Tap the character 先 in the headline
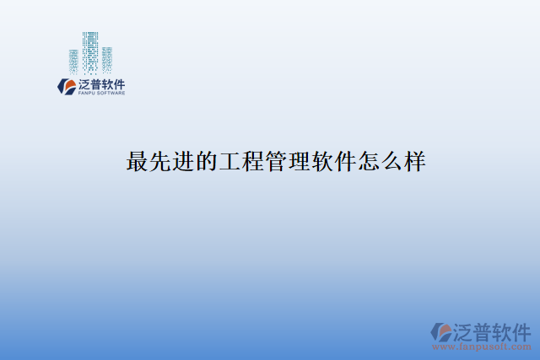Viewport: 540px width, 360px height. (161, 162)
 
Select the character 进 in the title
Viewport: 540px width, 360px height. (184, 162)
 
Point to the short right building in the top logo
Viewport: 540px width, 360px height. (107, 59)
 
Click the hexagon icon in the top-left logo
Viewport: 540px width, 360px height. (65, 86)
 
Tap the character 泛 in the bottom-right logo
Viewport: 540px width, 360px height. (467, 329)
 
